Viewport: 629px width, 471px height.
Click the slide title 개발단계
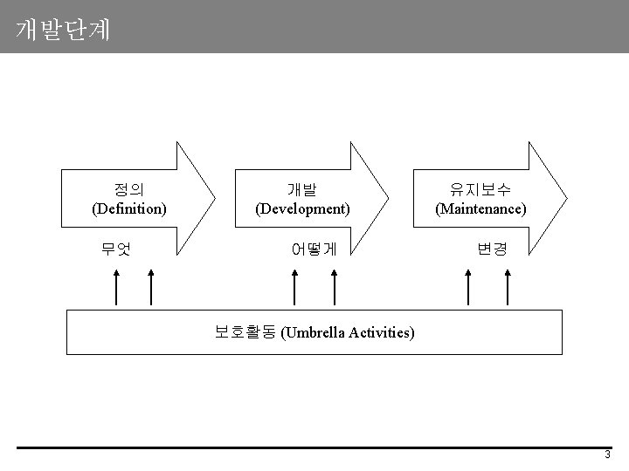coord(63,31)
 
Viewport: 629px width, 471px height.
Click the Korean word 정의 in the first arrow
coord(129,189)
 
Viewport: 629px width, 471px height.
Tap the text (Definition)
coord(129,209)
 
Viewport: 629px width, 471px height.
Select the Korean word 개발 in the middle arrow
coord(302,189)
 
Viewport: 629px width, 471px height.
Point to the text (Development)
coord(302,209)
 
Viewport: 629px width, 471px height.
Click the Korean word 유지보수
coord(480,189)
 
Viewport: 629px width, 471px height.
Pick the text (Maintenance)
coord(480,209)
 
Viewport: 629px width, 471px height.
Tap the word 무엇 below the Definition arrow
coord(115,249)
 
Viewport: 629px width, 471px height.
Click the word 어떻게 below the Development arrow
coord(314,249)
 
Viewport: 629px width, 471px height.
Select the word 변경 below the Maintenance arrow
coord(491,249)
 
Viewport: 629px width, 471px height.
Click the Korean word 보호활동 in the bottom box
coord(245,331)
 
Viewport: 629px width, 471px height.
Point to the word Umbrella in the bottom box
coord(318,332)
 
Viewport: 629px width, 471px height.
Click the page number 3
coord(607,456)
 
